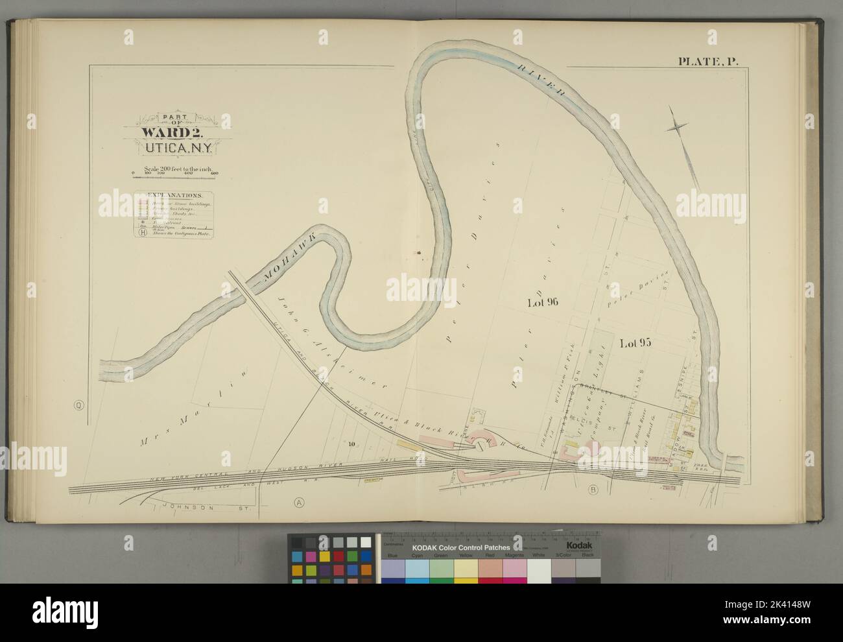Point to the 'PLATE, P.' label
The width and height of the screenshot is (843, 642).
(711, 62)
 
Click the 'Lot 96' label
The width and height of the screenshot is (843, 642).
(543, 302)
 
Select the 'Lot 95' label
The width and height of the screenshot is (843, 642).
(635, 343)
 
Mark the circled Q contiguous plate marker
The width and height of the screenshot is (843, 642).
(78, 407)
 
